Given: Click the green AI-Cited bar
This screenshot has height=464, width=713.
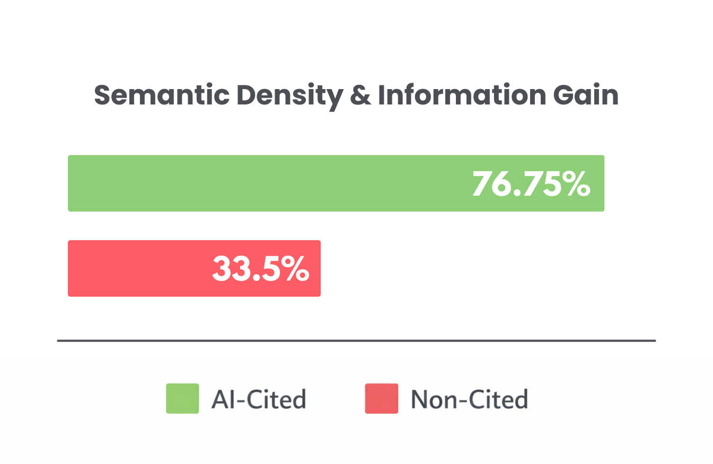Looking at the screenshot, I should click(265, 183).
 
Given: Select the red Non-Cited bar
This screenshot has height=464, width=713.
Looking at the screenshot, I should click(138, 268).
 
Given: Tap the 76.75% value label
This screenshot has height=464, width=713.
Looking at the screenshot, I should click(531, 184).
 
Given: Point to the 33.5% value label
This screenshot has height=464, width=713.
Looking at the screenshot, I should click(260, 268).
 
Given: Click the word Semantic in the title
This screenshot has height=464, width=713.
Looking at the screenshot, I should click(162, 96).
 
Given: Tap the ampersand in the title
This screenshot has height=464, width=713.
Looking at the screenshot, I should click(360, 96).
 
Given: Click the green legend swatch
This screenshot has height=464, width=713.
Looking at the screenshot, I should click(182, 398).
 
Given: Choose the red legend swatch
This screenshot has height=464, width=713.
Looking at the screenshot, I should click(381, 398).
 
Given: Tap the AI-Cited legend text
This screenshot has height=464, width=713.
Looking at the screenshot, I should click(258, 399).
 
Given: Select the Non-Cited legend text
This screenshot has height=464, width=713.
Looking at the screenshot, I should click(469, 399).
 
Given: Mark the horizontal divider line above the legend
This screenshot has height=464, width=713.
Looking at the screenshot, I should click(356, 340).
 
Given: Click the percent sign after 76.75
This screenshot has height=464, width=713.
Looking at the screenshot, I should click(576, 184).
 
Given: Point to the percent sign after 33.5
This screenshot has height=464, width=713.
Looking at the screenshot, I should click(295, 268).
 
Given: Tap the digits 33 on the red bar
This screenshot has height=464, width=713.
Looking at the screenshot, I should click(230, 268).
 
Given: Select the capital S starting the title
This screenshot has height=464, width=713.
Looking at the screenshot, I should click(102, 96).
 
